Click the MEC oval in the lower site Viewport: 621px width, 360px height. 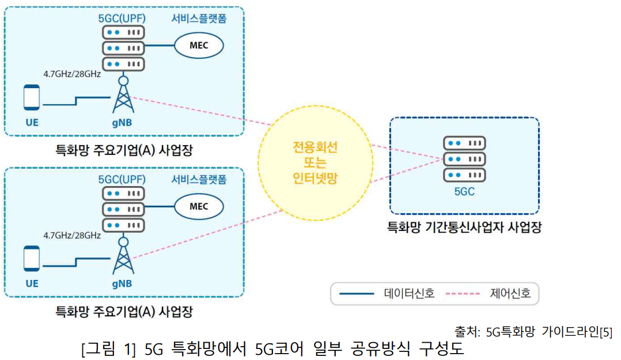199,206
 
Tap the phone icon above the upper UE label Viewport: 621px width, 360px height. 32,97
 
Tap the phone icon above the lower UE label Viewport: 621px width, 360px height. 32,258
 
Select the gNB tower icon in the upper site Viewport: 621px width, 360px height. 122,95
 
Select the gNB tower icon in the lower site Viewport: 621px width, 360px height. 122,256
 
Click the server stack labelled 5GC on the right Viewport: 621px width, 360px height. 464,158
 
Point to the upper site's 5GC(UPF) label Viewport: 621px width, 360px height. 122,18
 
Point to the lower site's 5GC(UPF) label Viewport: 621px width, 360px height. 122,179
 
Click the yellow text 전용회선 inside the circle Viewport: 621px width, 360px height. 315,147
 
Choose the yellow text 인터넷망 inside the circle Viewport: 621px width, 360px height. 315,179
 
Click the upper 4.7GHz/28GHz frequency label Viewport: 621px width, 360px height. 72,74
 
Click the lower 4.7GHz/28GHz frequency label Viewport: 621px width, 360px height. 72,235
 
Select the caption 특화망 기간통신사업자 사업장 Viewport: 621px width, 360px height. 464,228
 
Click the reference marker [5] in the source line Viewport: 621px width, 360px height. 605,332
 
